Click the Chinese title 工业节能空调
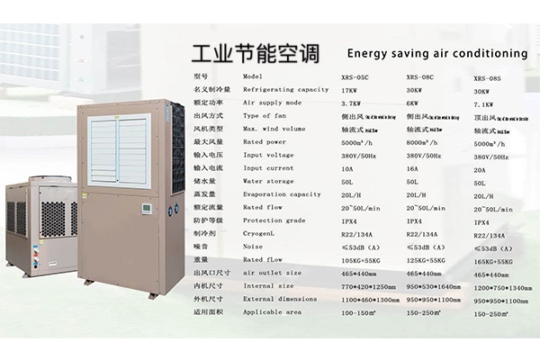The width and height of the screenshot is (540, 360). (256, 52)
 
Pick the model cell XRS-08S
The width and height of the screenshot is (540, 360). (487, 78)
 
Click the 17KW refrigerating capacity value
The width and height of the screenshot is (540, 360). (351, 90)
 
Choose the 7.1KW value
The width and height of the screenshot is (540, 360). (484, 103)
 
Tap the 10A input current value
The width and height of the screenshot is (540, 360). (347, 168)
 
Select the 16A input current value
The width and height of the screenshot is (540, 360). (413, 168)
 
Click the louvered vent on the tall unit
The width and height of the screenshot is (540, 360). (121, 149)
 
